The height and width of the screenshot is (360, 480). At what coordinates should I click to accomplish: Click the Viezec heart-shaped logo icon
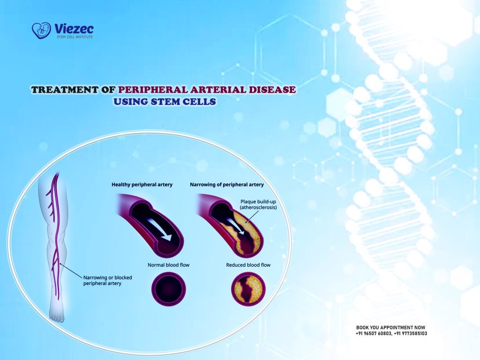(41, 30)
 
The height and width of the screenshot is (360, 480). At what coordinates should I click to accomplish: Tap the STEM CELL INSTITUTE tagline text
(74, 37)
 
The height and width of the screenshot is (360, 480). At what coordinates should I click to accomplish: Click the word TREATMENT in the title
(65, 90)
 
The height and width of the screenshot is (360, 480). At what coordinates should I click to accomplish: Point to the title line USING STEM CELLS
(165, 102)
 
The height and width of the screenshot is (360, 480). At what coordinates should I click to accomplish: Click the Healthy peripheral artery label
(142, 185)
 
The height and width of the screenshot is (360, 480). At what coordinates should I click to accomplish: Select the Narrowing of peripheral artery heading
(226, 185)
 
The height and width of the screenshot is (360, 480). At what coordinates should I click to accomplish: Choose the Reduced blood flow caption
(248, 265)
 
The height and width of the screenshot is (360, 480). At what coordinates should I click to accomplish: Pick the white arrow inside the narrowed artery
(240, 228)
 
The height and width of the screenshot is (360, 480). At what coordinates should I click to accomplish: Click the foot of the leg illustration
(57, 317)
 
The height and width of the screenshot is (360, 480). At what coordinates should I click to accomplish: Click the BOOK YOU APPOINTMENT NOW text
(391, 327)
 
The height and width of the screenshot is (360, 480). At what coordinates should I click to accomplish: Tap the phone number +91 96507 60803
(374, 333)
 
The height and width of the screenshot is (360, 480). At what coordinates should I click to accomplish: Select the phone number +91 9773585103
(411, 333)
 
